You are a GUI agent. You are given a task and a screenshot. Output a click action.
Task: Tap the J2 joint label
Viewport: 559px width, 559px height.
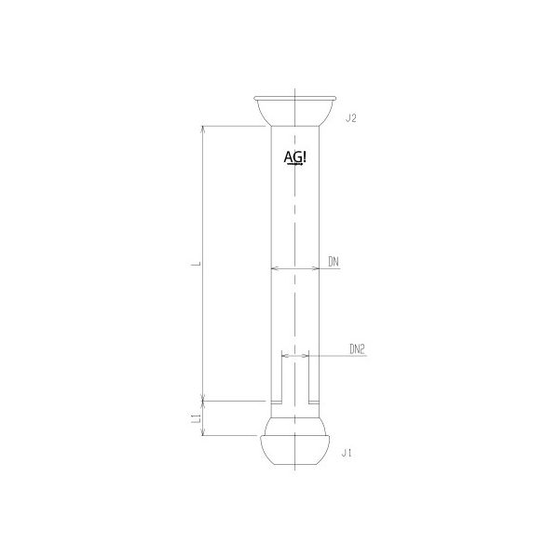pos(351,118)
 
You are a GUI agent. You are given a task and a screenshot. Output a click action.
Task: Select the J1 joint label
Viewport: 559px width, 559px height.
pos(348,452)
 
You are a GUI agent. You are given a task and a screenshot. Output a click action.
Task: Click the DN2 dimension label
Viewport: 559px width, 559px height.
pos(357,349)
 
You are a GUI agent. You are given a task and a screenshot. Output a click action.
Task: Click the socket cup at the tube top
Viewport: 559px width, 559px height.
pos(294,110)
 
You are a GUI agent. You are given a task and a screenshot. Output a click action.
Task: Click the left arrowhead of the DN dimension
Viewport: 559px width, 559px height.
pos(273,271)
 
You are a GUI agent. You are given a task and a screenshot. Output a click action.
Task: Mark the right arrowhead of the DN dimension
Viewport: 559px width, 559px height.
pos(316,271)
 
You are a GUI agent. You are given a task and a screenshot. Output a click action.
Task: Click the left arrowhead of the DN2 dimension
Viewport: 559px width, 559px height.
pos(283,356)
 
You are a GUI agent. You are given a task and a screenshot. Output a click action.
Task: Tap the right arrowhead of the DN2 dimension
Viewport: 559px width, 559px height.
pos(306,356)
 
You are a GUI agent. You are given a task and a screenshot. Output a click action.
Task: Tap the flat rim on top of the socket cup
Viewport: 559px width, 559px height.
pos(294,96)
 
